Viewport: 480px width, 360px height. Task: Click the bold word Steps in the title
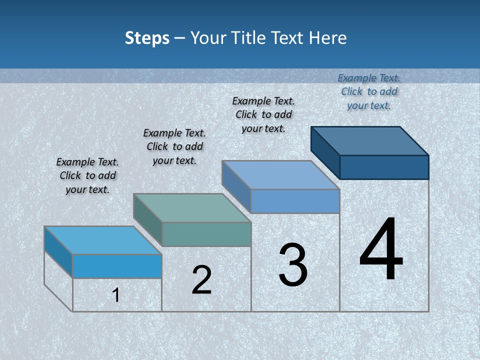click(x=147, y=38)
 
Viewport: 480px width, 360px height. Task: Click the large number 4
click(x=381, y=249)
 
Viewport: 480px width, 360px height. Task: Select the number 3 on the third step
click(x=293, y=265)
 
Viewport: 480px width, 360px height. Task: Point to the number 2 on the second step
click(x=201, y=280)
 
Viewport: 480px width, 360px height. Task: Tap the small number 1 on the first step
click(x=116, y=295)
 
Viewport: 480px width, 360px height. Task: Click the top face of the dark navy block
click(x=370, y=140)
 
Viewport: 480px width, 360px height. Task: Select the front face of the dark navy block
click(x=384, y=167)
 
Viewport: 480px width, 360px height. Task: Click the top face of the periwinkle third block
click(x=281, y=175)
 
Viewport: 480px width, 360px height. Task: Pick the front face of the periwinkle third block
click(x=295, y=201)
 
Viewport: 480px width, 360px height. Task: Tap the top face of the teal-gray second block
click(x=192, y=208)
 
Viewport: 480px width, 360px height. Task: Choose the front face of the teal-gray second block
click(x=206, y=234)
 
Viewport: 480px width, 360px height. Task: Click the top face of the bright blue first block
click(x=103, y=240)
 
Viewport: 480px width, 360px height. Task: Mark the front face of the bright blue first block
click(x=117, y=266)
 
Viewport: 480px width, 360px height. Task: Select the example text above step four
click(x=369, y=91)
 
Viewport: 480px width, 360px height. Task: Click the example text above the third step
click(x=263, y=114)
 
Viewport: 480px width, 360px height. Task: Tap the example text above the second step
click(x=174, y=146)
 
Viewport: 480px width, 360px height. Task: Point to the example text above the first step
click(x=87, y=175)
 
